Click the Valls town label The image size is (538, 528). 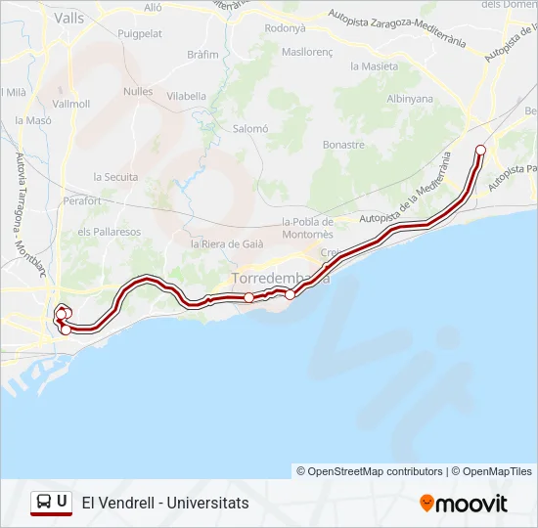(69, 18)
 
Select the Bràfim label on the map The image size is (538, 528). (202, 55)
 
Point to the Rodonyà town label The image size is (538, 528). (286, 28)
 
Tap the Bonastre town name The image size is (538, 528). (343, 145)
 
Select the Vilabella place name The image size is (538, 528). (186, 96)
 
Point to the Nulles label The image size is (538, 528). (138, 91)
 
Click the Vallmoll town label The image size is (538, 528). (71, 104)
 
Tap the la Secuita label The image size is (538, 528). (115, 177)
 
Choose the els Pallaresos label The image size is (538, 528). (110, 232)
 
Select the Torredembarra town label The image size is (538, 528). (280, 279)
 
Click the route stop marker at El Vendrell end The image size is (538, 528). (480, 150)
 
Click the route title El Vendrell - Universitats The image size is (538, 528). (165, 503)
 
